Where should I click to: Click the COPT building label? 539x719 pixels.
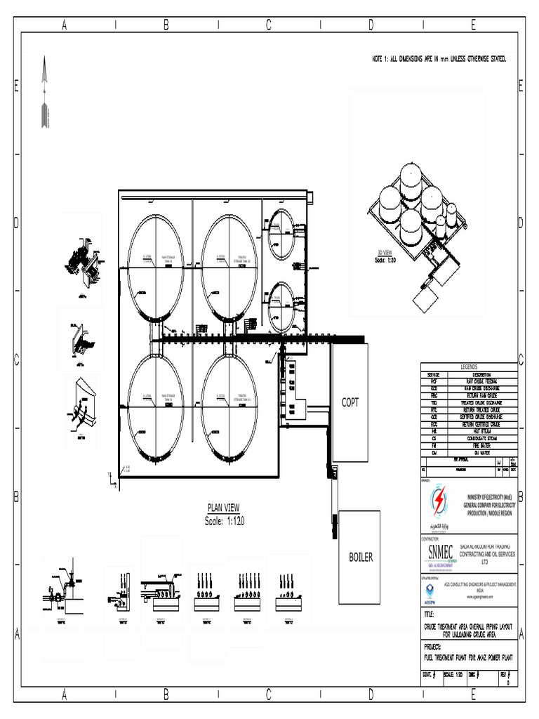350,402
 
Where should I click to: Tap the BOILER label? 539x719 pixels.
361,558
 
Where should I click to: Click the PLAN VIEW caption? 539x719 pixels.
224,508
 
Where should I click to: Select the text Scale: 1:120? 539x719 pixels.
224,521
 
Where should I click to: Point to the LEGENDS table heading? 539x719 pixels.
468,367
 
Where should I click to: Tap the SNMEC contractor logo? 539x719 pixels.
439,553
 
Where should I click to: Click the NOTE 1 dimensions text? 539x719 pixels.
439,59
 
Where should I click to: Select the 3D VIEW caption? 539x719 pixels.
385,253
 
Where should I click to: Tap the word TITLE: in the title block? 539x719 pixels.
430,614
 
